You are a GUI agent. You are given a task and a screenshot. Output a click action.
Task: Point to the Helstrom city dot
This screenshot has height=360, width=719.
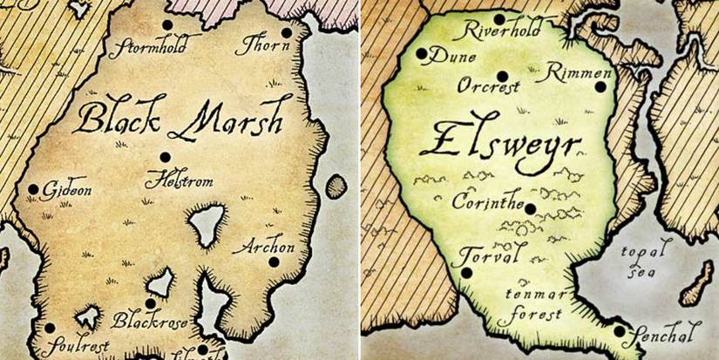point(165,157)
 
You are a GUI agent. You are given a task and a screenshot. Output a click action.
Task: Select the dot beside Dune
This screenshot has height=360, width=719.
point(422,54)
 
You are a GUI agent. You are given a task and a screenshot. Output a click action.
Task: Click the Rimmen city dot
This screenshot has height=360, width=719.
point(600,85)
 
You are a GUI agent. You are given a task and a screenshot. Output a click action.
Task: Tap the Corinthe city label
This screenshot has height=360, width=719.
point(487,201)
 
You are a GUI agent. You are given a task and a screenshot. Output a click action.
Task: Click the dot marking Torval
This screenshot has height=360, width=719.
point(467,272)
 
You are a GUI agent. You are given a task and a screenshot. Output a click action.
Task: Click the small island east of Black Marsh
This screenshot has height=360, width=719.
point(336,186)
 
